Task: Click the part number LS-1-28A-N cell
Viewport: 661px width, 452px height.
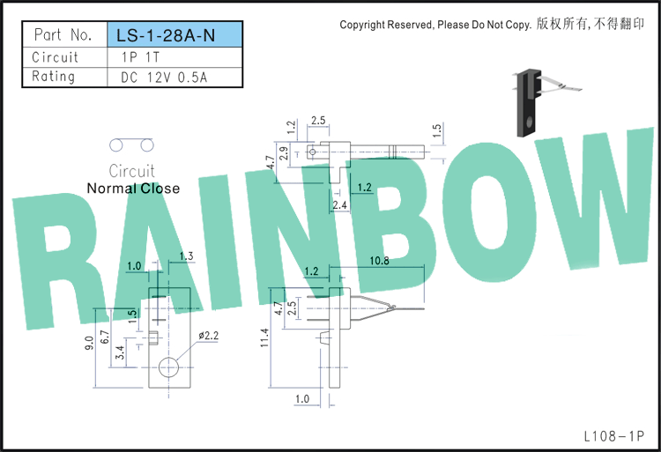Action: click(x=175, y=34)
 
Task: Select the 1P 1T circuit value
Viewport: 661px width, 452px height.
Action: click(x=140, y=57)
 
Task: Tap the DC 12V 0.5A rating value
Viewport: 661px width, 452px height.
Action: click(x=164, y=78)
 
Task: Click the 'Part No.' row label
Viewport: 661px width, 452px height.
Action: click(x=63, y=34)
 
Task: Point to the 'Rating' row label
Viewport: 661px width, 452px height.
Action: click(x=54, y=77)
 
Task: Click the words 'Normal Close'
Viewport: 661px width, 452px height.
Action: click(x=133, y=189)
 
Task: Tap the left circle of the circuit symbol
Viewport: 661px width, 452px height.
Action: click(x=116, y=145)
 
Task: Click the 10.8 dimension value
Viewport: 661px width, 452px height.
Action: click(x=379, y=261)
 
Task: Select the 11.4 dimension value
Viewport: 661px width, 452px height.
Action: click(x=264, y=337)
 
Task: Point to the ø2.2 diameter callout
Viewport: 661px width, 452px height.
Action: click(x=208, y=336)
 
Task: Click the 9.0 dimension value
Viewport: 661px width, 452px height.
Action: click(x=89, y=343)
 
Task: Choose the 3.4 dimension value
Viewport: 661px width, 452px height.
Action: click(x=120, y=352)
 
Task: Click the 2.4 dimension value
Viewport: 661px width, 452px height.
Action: click(x=339, y=205)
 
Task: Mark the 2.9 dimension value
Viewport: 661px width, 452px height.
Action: click(x=285, y=153)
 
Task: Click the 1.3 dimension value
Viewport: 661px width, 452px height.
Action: click(x=186, y=256)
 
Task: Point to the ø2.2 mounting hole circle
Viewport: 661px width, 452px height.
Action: click(x=168, y=367)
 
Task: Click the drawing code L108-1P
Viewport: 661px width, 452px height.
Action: click(x=614, y=436)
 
